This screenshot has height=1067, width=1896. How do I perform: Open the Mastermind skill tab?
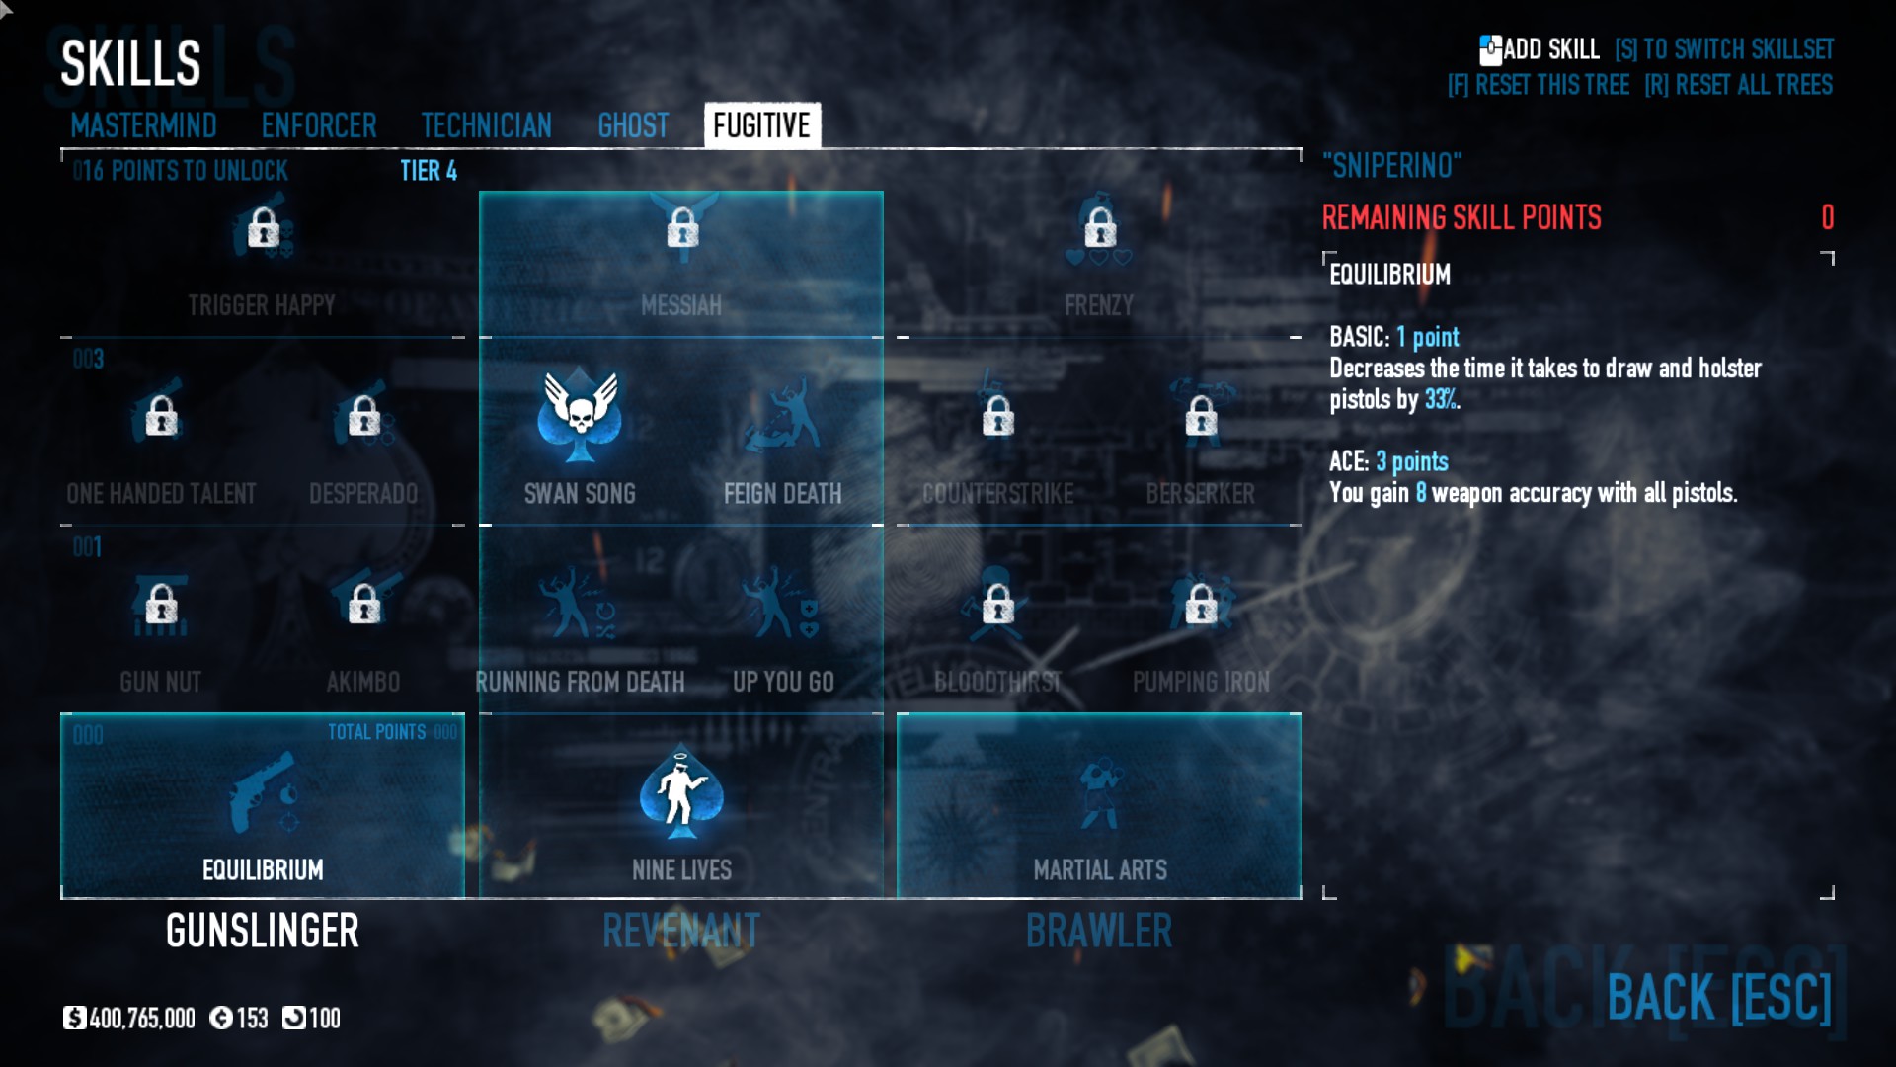[143, 126]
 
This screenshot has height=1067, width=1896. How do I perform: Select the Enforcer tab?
[319, 126]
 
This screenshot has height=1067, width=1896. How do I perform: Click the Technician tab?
[486, 126]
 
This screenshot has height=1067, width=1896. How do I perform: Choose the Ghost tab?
[633, 126]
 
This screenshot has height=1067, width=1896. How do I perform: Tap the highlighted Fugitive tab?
[761, 126]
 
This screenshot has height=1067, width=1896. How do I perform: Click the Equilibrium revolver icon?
[263, 793]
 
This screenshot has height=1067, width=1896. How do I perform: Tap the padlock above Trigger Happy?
[263, 228]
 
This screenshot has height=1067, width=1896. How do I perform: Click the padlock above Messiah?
[682, 228]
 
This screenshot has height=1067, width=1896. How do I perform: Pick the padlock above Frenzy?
[1100, 228]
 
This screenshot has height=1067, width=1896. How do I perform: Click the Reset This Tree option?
[1539, 85]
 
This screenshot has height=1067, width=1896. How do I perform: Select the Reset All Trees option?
[1739, 85]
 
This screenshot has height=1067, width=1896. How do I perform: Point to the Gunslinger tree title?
[263, 931]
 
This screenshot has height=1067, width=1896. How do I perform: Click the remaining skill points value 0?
[1827, 217]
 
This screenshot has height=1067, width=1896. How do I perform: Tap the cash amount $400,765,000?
[130, 1019]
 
